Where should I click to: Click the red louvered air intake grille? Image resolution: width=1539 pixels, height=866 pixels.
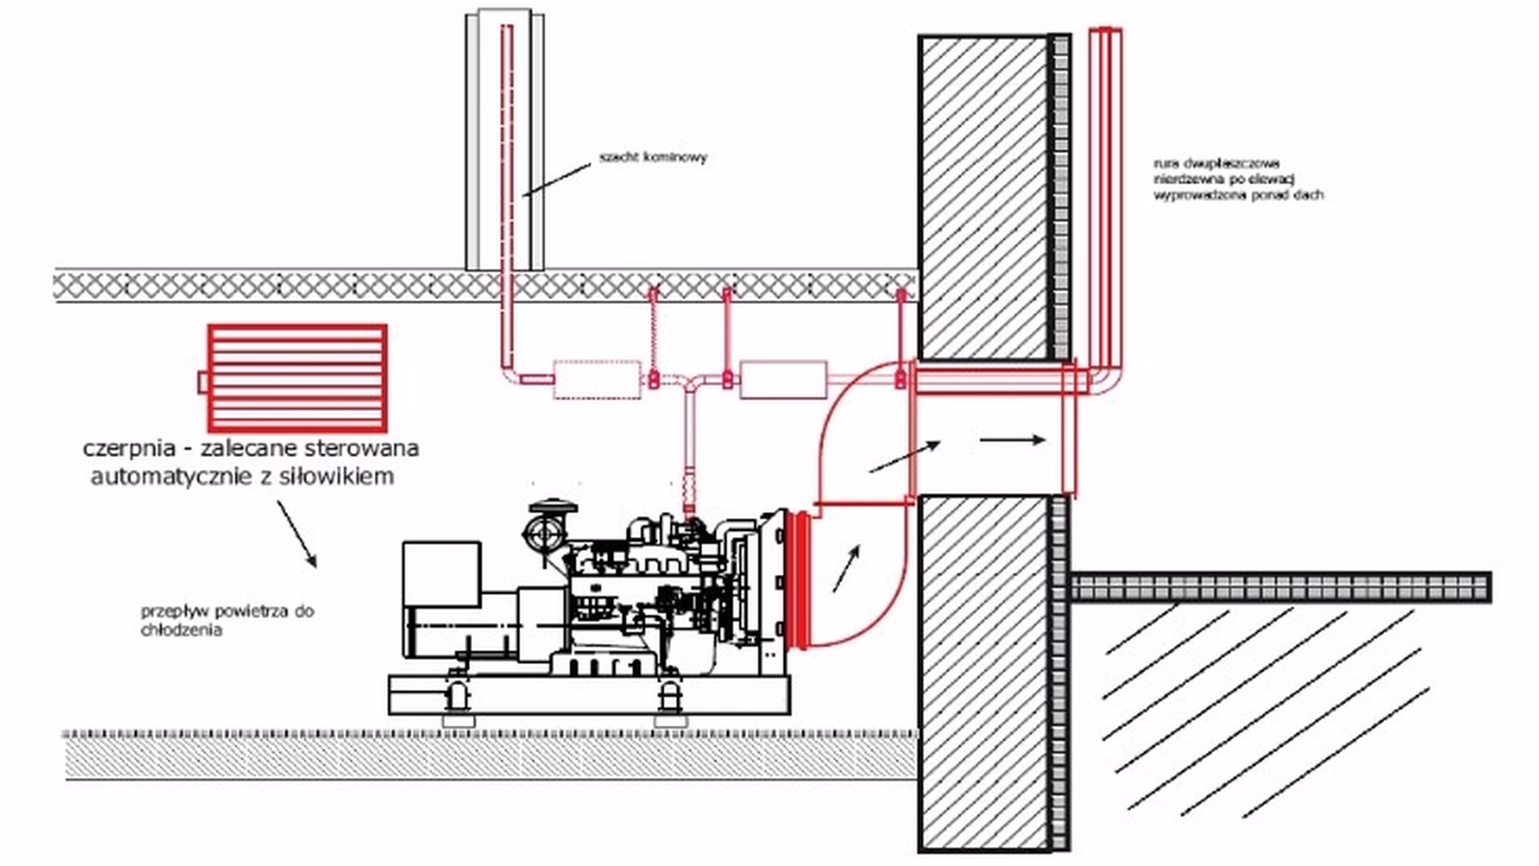(297, 378)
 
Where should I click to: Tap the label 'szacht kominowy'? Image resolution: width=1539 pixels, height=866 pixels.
(653, 157)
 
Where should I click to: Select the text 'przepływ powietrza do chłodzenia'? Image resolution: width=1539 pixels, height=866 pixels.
(227, 620)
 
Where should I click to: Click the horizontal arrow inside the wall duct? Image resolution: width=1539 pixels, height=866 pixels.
(1012, 439)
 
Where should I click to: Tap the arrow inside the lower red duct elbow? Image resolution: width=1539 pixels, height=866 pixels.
(846, 569)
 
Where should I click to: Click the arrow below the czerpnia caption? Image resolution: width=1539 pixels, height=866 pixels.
(297, 534)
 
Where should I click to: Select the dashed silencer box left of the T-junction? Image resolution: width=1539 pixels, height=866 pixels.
(597, 379)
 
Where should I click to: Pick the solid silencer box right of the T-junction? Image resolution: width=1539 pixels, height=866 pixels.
(782, 379)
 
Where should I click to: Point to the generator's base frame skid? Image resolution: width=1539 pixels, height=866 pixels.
(589, 694)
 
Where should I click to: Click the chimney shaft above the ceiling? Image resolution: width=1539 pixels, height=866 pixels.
(505, 140)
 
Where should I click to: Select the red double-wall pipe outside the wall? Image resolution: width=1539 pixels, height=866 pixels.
(1105, 200)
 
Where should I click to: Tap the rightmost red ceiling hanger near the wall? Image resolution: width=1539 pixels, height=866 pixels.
(900, 337)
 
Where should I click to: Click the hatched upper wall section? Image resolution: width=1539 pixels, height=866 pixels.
(984, 196)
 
